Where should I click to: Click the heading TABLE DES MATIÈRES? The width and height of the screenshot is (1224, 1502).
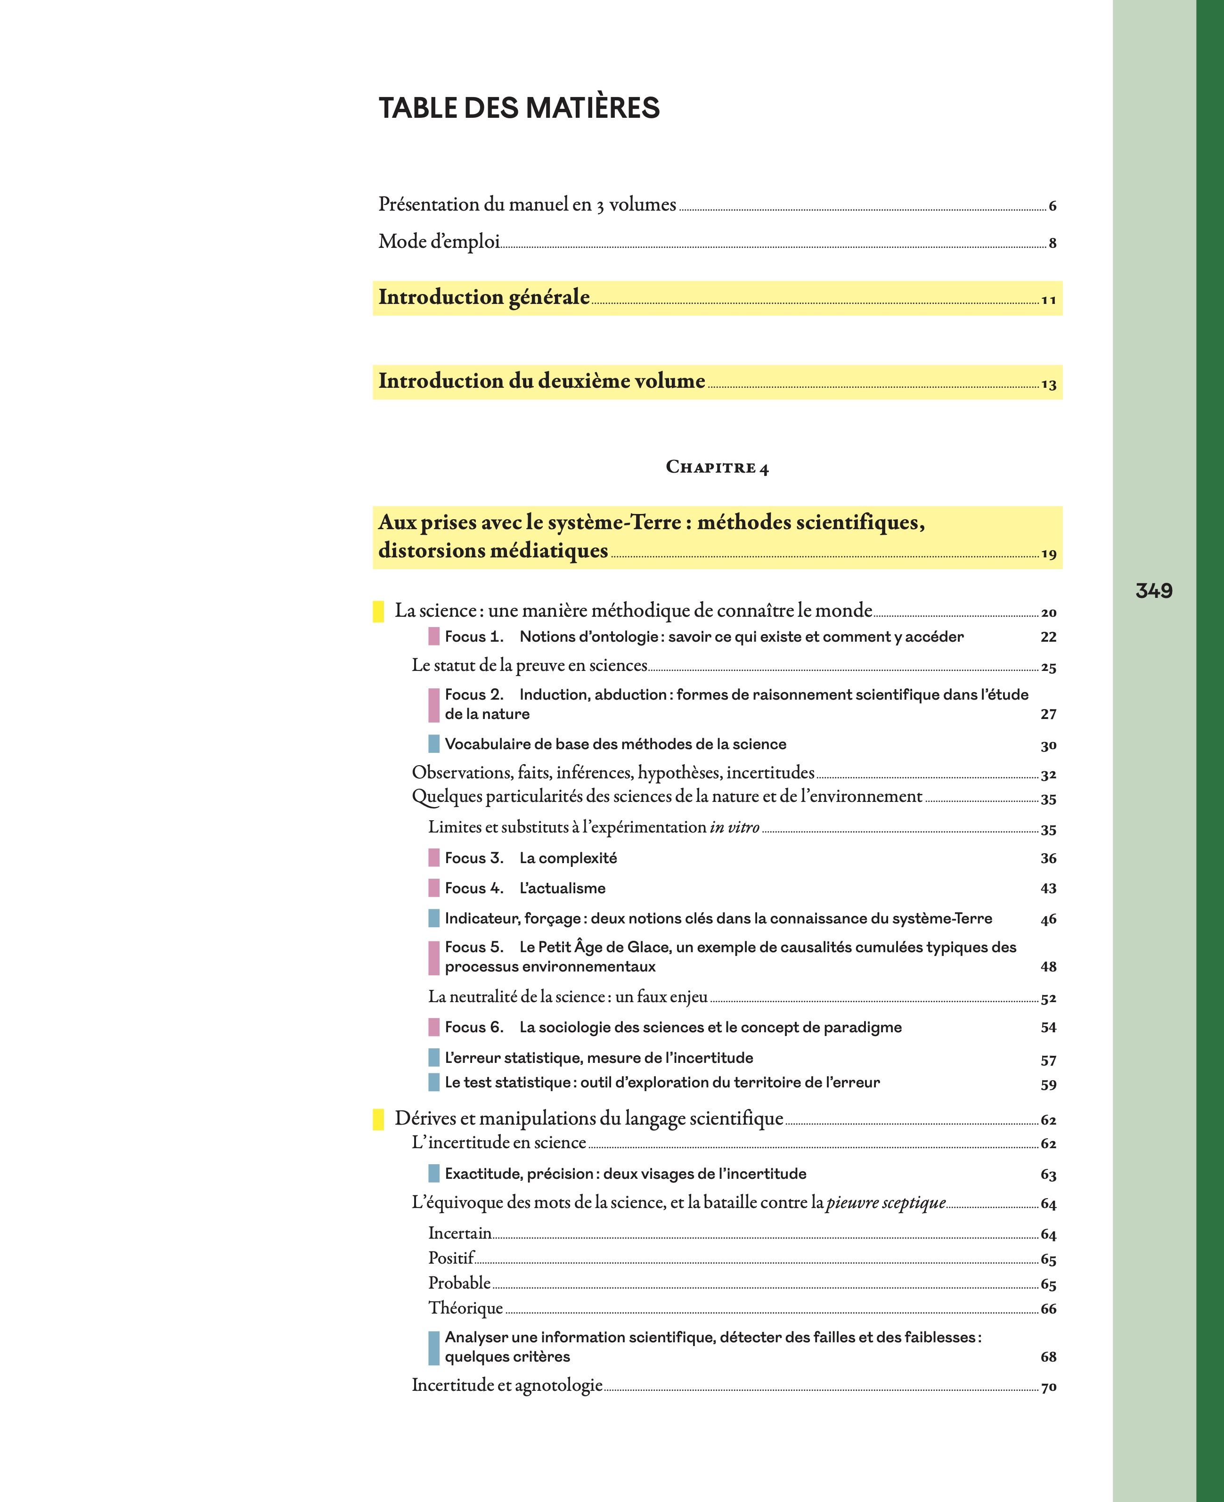click(x=519, y=108)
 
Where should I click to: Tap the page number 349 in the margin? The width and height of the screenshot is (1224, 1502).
click(x=1153, y=590)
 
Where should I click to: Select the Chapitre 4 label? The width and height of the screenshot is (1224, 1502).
click(x=717, y=467)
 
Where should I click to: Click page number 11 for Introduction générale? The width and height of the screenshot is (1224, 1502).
click(x=1048, y=301)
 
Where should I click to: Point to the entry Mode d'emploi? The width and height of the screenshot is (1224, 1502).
click(x=439, y=242)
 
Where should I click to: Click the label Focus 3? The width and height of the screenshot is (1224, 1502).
click(x=474, y=858)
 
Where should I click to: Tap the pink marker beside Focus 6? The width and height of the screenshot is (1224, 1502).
click(x=433, y=1028)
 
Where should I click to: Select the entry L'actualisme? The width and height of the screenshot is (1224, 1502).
click(x=562, y=889)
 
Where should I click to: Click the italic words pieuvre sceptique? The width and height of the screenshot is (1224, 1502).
click(x=886, y=1202)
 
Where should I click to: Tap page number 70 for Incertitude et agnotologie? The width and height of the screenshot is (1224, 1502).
click(x=1048, y=1387)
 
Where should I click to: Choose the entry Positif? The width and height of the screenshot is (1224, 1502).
click(x=451, y=1258)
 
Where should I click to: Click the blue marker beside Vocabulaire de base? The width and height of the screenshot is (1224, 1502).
click(x=433, y=744)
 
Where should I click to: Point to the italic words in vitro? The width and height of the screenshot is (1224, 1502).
click(x=734, y=827)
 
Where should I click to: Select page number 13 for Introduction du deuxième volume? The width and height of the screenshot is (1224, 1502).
click(x=1048, y=385)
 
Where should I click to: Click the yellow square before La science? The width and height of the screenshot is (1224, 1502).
click(x=378, y=612)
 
